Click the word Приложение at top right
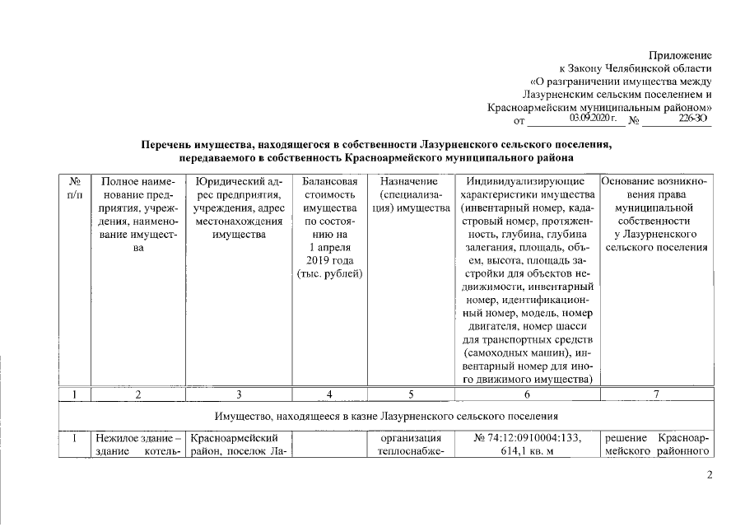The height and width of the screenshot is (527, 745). pos(680,54)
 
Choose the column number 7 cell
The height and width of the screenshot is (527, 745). pos(657,394)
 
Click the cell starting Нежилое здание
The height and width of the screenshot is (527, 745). pos(139,444)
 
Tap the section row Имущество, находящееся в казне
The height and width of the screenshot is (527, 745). pos(387,415)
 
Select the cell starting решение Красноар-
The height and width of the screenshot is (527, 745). pos(657,444)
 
